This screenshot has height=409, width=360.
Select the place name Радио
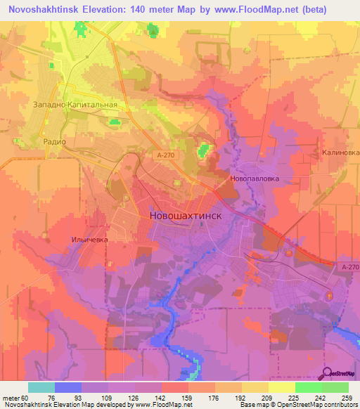coord(54,141)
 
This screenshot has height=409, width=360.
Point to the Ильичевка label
coord(90,240)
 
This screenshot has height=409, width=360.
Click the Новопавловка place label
coord(255,178)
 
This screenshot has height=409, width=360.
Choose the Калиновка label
coord(337,152)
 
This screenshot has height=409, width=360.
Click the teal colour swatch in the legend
coord(41,387)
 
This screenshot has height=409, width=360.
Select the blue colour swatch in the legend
coord(68,387)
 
